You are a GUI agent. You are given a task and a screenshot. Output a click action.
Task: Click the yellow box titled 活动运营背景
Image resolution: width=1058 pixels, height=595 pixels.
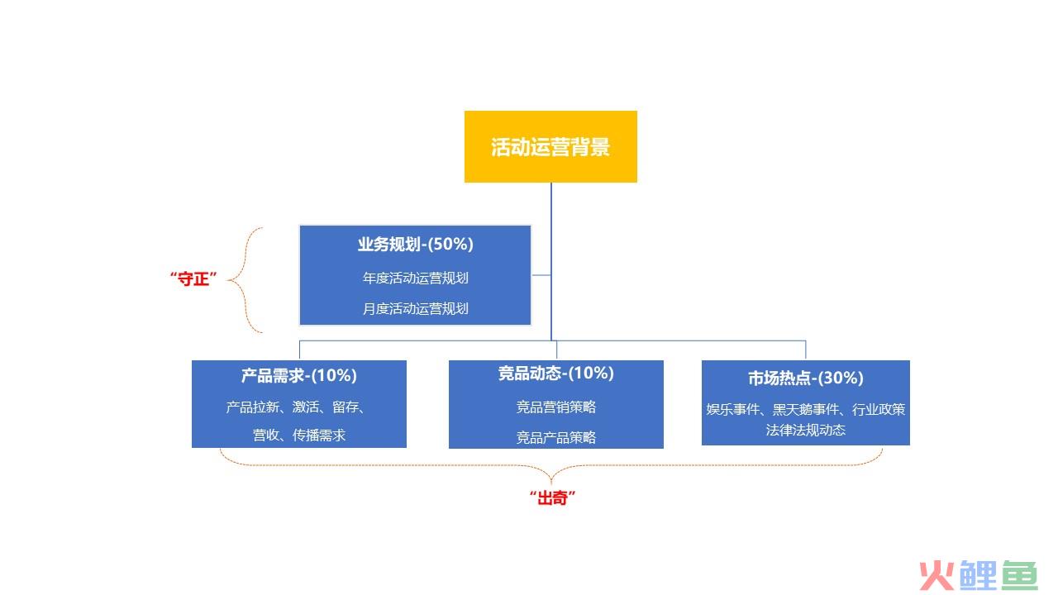tap(550, 146)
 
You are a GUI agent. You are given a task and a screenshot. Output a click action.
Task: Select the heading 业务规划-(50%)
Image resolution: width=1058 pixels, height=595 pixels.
tap(415, 244)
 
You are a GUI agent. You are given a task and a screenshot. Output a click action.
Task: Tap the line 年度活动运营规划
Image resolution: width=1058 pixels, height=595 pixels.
tap(415, 278)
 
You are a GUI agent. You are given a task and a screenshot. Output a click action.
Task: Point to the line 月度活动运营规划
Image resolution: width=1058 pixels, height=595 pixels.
tap(415, 309)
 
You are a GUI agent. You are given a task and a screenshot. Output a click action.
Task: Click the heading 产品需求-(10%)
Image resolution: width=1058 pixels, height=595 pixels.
tap(299, 375)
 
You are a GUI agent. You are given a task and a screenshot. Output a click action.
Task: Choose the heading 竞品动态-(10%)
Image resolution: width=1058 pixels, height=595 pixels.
tap(556, 373)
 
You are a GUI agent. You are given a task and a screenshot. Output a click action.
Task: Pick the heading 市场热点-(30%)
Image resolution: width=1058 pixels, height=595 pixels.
tap(806, 378)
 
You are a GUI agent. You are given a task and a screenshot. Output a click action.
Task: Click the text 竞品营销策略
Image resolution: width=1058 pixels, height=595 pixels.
tap(556, 407)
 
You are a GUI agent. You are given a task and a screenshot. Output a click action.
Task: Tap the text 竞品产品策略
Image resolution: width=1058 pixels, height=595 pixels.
tap(556, 438)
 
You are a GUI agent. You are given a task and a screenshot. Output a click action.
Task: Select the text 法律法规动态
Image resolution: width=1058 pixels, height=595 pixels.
tap(806, 431)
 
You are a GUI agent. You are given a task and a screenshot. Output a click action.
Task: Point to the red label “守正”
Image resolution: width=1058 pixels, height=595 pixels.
tap(193, 278)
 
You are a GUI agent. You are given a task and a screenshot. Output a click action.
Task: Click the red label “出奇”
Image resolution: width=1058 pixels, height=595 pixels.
tap(552, 497)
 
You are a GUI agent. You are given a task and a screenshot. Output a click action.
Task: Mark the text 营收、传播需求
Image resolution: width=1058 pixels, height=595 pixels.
tap(299, 435)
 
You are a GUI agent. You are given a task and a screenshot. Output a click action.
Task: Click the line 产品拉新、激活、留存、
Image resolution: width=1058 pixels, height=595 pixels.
tap(296, 407)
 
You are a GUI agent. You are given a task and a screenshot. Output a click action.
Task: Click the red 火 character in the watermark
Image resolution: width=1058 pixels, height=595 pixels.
tap(936, 576)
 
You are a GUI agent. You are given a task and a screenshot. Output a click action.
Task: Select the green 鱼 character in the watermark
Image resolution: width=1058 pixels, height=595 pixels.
tap(1020, 575)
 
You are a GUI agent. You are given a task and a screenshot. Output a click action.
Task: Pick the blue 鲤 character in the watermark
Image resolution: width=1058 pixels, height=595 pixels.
tap(978, 575)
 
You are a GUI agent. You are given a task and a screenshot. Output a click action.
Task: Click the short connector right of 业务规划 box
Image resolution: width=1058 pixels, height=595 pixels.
tap(541, 275)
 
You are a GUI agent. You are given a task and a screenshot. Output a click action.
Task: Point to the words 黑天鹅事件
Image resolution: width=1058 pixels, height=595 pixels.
tap(805, 409)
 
